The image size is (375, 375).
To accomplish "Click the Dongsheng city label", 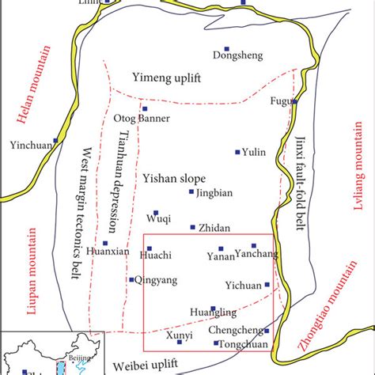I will click(x=235, y=55).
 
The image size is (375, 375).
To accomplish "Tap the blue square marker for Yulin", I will click(x=237, y=152).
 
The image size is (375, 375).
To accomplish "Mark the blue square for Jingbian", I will click(x=191, y=191).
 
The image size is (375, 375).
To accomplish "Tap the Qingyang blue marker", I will click(x=131, y=279).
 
